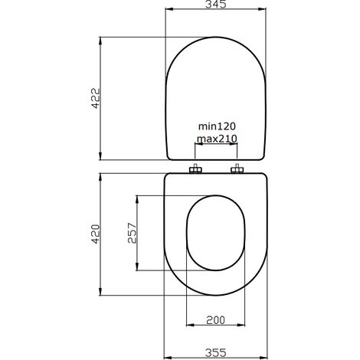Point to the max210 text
(x=216, y=139)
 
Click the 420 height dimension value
(x=96, y=234)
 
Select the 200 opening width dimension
(x=215, y=320)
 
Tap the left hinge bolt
(x=197, y=169)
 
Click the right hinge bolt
(x=237, y=169)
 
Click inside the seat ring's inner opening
(x=216, y=234)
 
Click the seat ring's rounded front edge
(x=216, y=293)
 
